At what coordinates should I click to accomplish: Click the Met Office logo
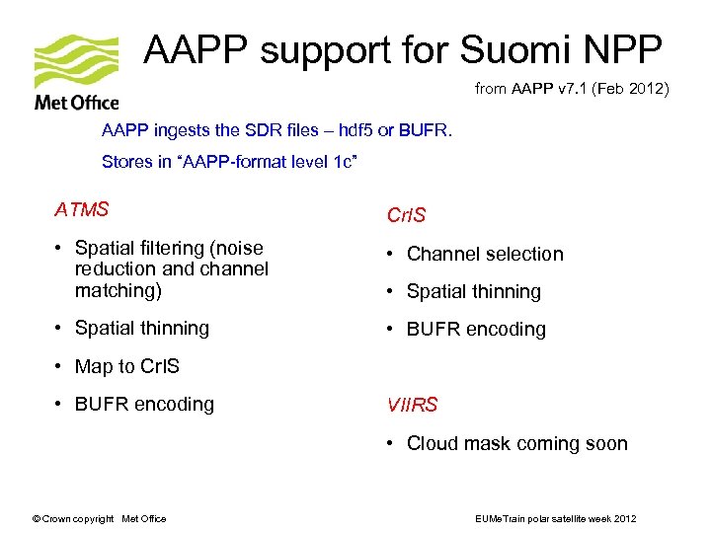pos(76,73)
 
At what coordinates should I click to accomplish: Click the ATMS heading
pos(81,209)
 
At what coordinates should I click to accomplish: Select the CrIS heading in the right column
pos(406,215)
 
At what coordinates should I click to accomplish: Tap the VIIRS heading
pos(412,405)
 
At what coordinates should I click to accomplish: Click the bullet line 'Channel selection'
pos(485,254)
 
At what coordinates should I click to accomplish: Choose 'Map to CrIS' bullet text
pos(127,366)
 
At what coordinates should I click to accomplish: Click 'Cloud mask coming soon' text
pos(516,443)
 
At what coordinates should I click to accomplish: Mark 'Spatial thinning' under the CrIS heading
pos(474,291)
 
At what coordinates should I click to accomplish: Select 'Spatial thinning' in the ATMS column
pos(142,328)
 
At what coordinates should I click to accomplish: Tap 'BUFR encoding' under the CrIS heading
pos(476,329)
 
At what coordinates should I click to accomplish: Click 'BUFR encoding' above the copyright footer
pos(144,404)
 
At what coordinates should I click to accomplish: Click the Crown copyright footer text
pos(99,518)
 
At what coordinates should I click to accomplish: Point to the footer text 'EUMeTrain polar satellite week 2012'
pos(557,518)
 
